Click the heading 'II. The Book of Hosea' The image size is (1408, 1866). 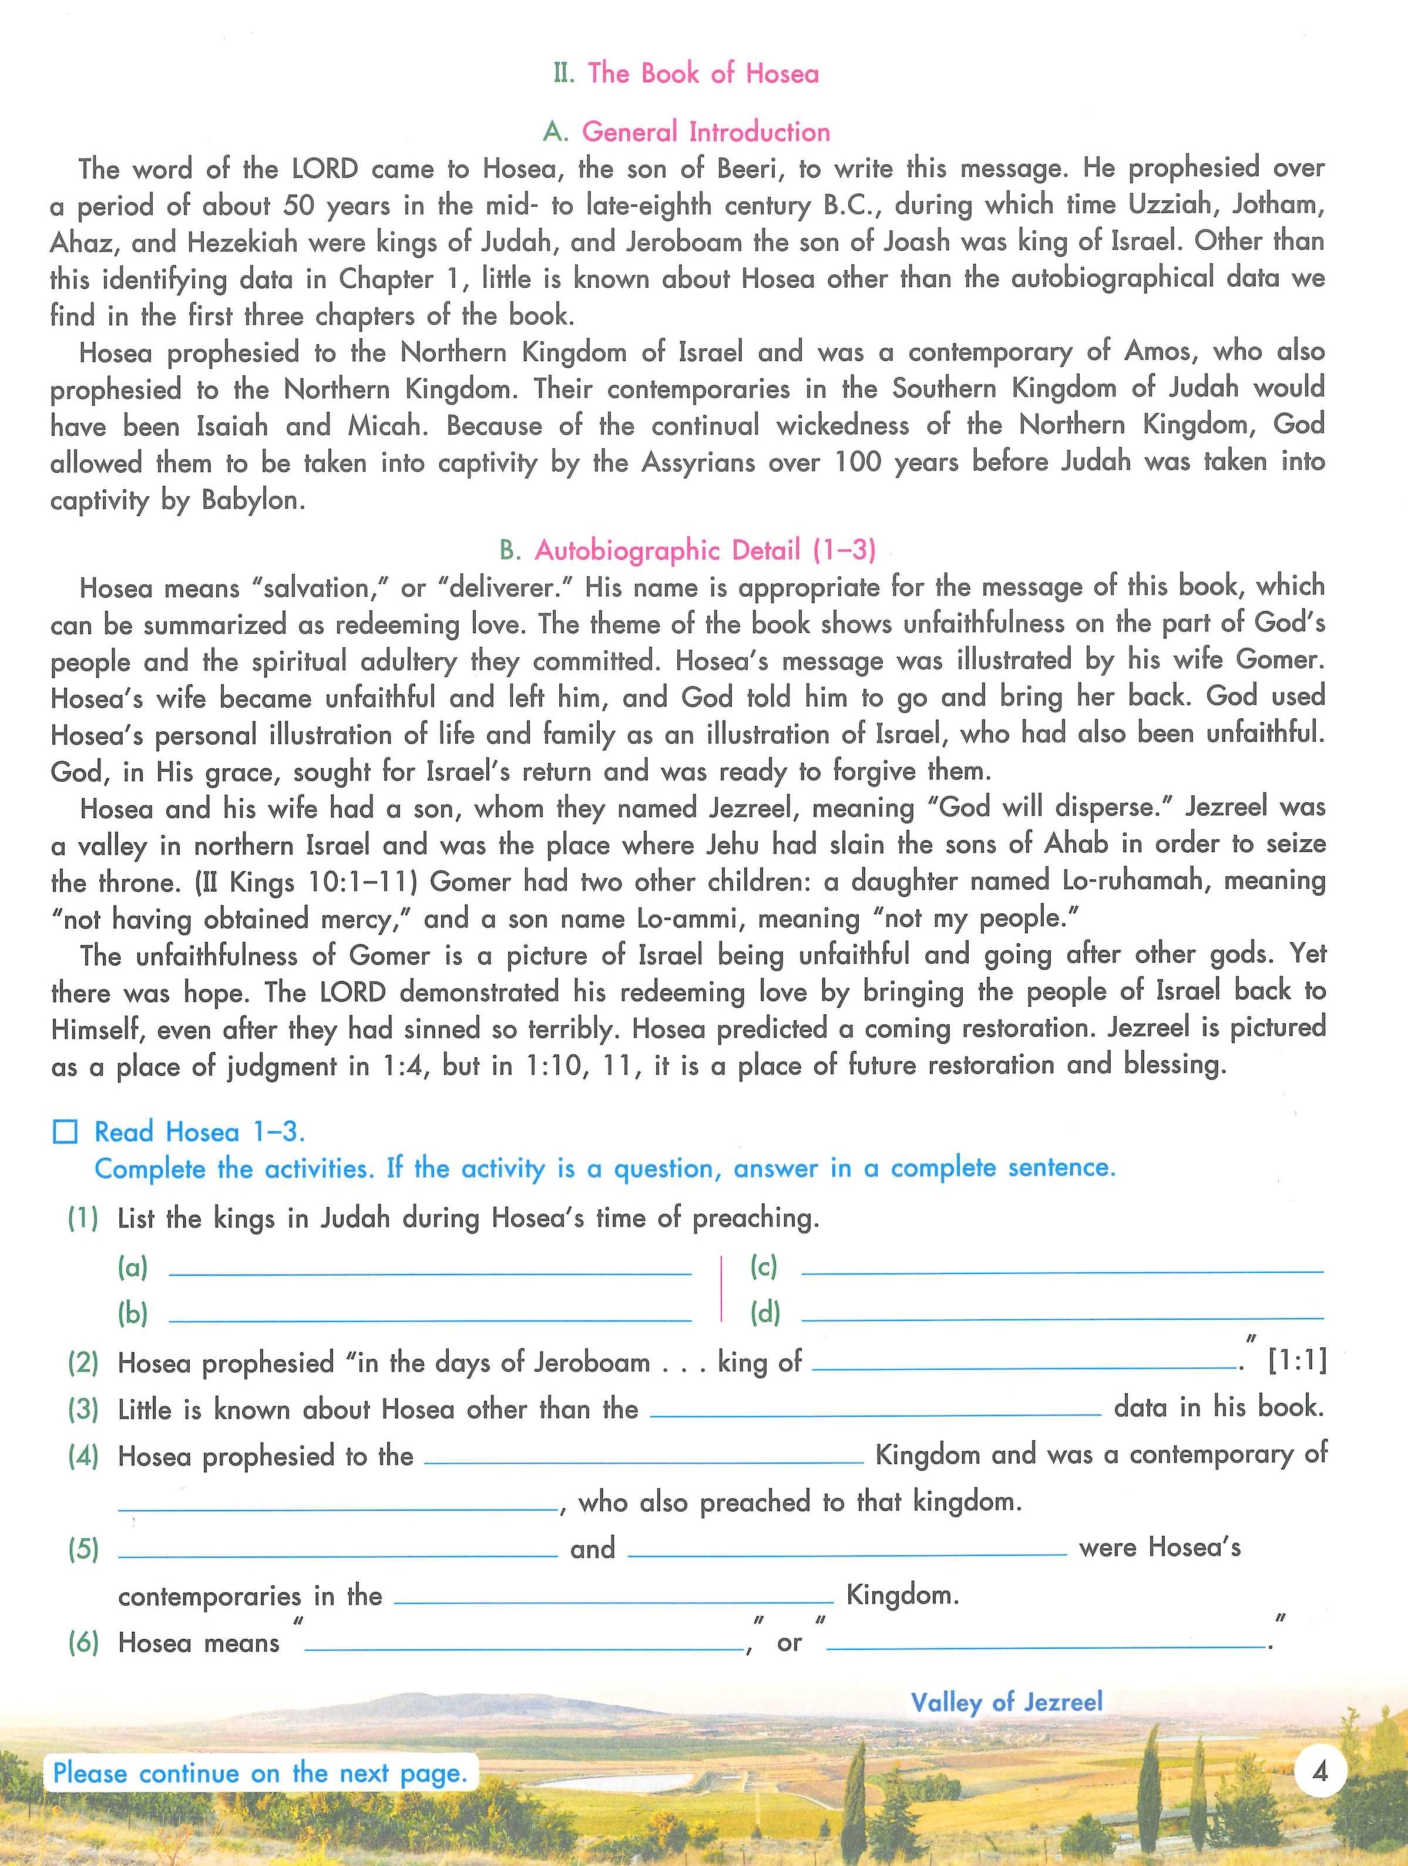point(686,73)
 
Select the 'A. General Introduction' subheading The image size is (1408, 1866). point(686,132)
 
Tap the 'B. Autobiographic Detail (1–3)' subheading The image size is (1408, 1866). point(687,551)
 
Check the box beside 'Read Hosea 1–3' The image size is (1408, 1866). point(66,1132)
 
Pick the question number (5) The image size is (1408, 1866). point(83,1549)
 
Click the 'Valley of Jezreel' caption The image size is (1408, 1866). point(1006,1702)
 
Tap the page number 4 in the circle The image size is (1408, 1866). point(1320,1769)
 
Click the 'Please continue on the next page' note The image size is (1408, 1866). point(260,1773)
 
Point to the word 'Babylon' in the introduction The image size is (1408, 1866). point(250,500)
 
